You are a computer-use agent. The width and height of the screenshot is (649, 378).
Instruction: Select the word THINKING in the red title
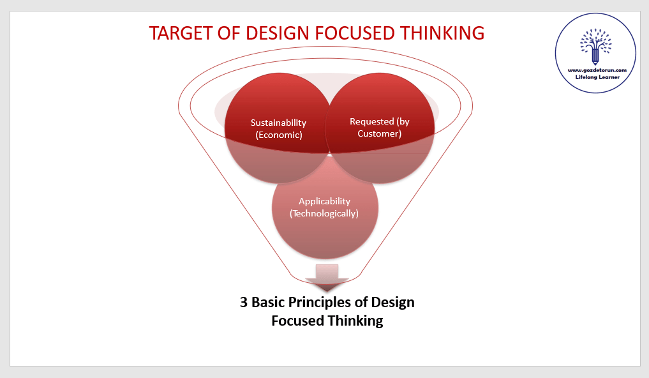coord(442,34)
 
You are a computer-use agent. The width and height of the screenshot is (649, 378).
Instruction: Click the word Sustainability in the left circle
coord(278,123)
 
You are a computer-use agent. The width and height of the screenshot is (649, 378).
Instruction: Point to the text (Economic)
coord(279,135)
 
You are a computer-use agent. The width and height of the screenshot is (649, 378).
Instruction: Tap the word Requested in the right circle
coord(371,121)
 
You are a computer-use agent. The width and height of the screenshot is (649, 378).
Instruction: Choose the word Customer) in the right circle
coord(380,133)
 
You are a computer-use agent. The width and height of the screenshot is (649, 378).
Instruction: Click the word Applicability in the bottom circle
coord(324,202)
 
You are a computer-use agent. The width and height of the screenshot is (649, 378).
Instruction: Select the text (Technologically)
coord(324,214)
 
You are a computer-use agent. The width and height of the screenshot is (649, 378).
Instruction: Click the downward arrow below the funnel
coord(327,278)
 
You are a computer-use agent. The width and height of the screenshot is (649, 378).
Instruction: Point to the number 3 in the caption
coord(244,302)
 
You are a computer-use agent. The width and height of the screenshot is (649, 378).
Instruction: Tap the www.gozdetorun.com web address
coord(597,70)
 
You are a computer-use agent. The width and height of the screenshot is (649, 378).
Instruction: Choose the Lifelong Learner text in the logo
coord(597,77)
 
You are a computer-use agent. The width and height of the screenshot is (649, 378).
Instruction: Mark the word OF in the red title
coord(229,34)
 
